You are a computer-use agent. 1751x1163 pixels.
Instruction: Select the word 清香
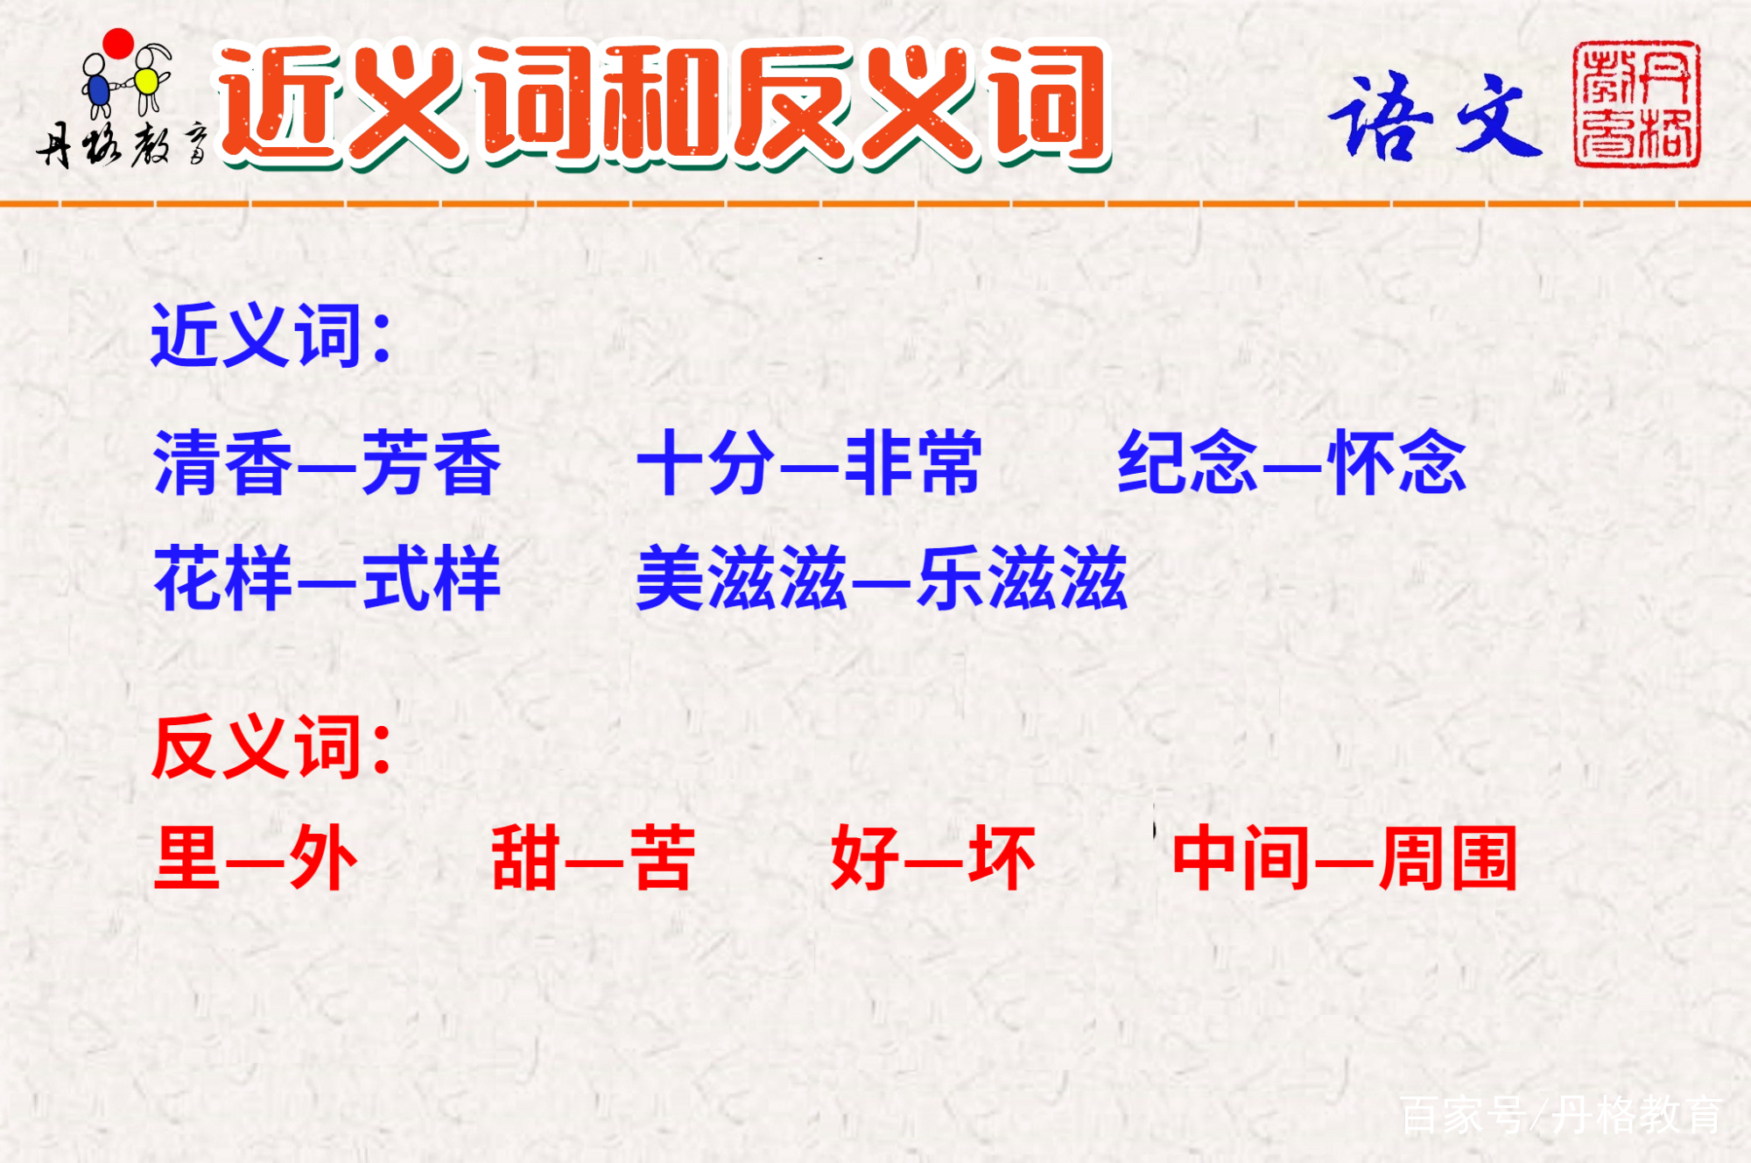click(x=222, y=463)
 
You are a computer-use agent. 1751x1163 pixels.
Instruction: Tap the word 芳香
click(x=432, y=463)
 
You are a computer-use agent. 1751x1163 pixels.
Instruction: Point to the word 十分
click(x=707, y=463)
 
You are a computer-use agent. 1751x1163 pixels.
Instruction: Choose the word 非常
click(x=913, y=463)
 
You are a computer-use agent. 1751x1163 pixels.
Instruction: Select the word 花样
click(x=222, y=578)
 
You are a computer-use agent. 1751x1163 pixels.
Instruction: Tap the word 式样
click(x=432, y=578)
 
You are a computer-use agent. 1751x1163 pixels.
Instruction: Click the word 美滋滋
click(x=742, y=578)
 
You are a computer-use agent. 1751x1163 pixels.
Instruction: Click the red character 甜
click(x=525, y=858)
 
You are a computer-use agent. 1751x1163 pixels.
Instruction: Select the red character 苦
click(x=663, y=858)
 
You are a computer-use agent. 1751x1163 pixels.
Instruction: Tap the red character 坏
click(x=1002, y=858)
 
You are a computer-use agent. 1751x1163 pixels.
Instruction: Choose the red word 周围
click(x=1449, y=858)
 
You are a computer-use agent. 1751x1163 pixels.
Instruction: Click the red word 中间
click(x=1241, y=858)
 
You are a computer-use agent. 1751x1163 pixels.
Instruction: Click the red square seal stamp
click(x=1637, y=104)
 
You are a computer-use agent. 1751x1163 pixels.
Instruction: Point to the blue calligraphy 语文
click(x=1436, y=116)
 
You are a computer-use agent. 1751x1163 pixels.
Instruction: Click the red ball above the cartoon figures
click(x=118, y=44)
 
